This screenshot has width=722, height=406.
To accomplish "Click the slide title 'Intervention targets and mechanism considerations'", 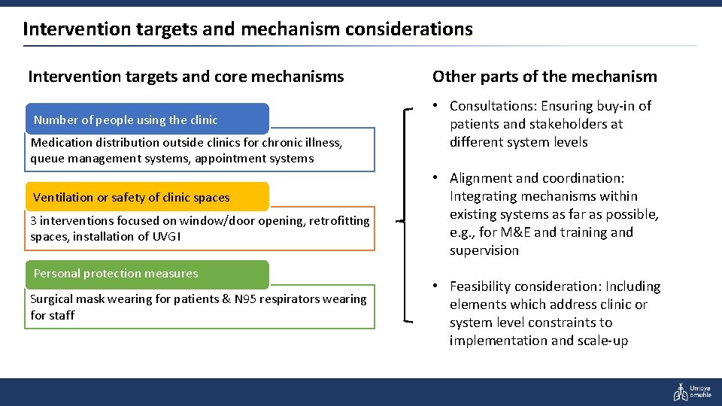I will [x=247, y=29].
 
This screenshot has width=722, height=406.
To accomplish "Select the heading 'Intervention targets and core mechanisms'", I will [x=186, y=77].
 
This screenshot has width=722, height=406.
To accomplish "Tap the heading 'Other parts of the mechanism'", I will [x=545, y=77].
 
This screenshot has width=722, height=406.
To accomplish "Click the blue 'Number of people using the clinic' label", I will [x=126, y=120].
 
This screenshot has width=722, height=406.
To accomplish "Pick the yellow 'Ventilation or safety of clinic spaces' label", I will [x=132, y=198].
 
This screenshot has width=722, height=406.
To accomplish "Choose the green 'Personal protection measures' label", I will [x=116, y=274].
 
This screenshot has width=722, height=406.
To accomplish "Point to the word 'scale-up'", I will [x=602, y=341].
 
